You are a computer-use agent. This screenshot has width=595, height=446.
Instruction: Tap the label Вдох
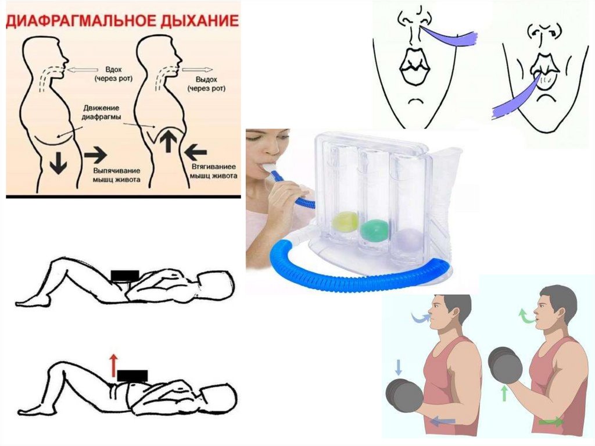(113, 70)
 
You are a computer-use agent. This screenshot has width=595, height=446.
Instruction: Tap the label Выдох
(206, 80)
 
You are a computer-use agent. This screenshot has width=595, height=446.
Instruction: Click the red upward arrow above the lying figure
(113, 365)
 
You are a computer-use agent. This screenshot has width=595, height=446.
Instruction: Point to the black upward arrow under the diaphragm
(169, 140)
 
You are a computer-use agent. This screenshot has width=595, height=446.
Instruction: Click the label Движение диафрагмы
(102, 113)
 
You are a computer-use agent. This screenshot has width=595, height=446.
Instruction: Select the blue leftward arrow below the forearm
(442, 420)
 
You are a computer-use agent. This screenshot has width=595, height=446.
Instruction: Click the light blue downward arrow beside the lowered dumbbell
(398, 367)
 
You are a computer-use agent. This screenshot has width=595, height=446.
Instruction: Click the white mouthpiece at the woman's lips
(272, 167)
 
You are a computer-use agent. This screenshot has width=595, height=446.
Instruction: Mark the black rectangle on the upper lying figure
(125, 276)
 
